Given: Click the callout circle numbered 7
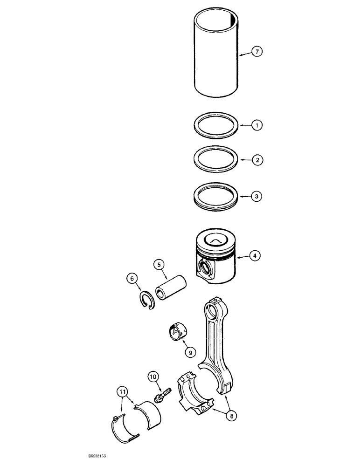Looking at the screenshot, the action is point(257,52).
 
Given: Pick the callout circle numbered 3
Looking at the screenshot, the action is point(257,196).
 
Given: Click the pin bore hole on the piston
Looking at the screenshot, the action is point(203,268).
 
